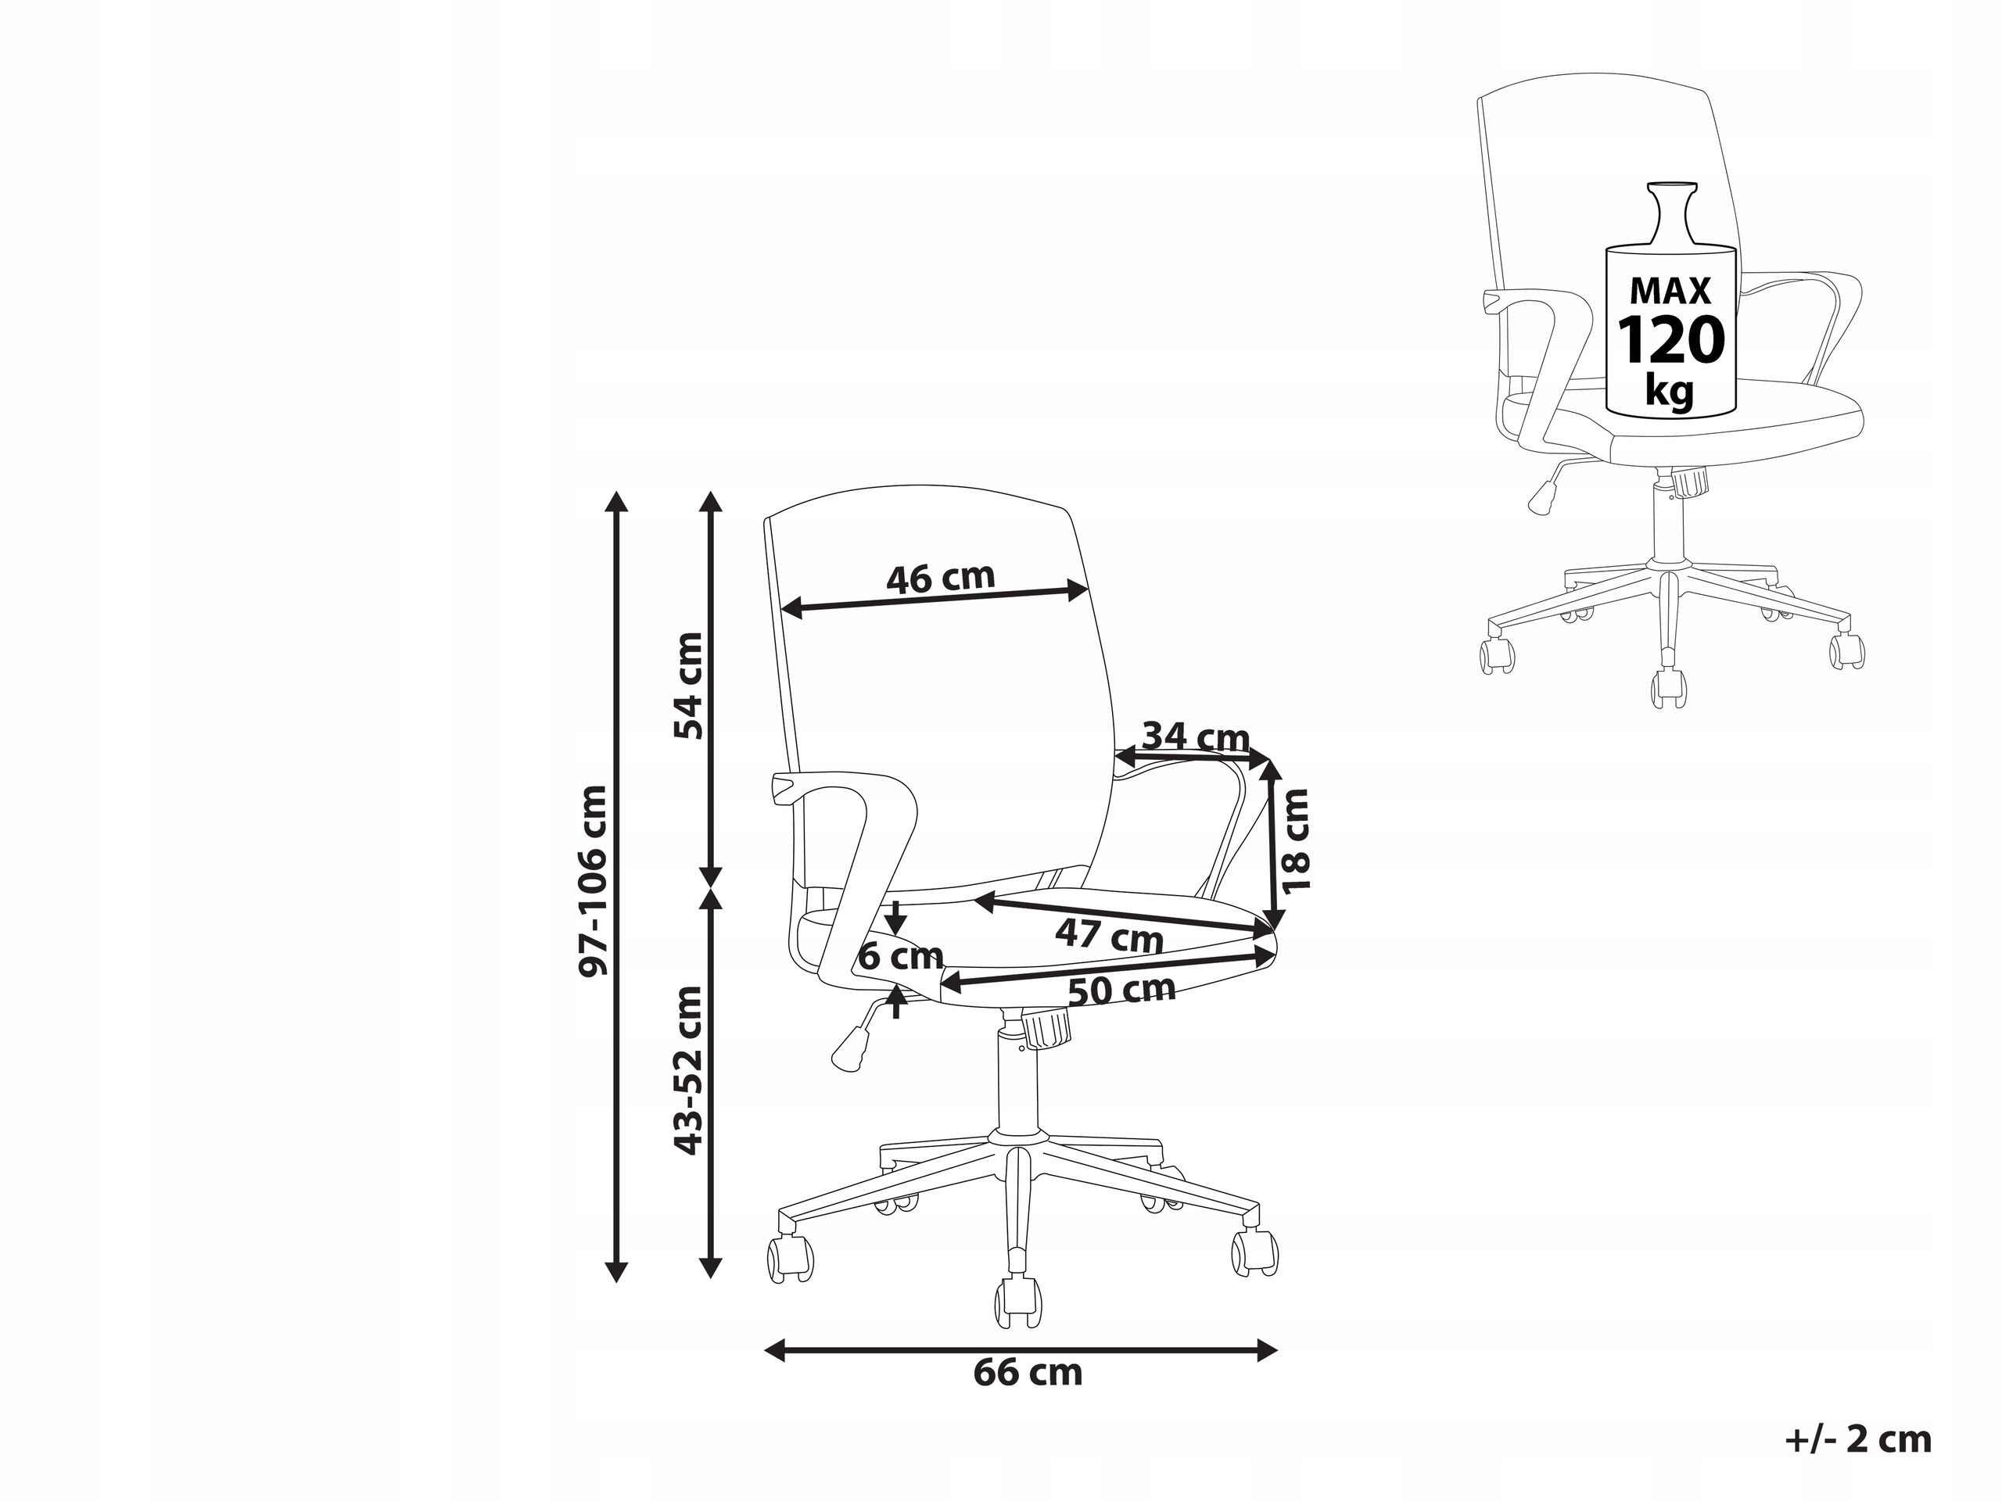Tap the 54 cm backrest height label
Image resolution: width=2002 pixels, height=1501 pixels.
(x=689, y=686)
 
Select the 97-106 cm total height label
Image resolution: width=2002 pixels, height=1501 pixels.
(x=593, y=880)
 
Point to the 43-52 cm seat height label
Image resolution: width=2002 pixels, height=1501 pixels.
(x=689, y=1070)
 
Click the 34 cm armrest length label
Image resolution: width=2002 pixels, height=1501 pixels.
(x=1196, y=737)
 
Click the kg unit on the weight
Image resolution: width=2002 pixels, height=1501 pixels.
(x=1670, y=392)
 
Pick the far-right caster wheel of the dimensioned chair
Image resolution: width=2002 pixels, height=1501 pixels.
(x=1255, y=1254)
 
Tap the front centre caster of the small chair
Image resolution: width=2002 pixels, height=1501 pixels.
(x=1670, y=688)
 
